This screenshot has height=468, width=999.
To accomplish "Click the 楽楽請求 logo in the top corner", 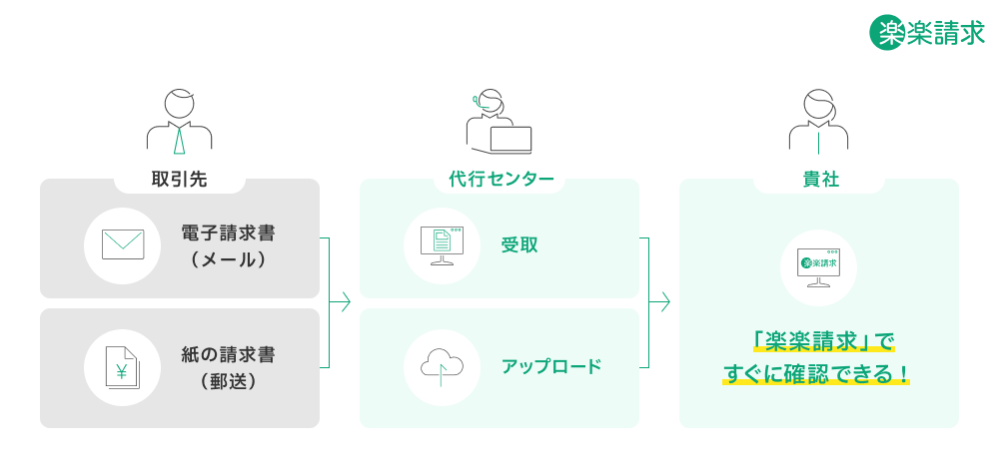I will [927, 32].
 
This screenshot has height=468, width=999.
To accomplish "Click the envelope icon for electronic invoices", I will [123, 244].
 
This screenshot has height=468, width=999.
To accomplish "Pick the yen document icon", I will [123, 368].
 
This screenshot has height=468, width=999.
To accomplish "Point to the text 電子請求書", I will [228, 233].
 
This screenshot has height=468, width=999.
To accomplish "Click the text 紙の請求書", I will [228, 355].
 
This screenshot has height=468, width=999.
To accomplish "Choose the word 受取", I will [519, 244].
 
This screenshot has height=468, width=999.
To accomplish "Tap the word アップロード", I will [551, 366].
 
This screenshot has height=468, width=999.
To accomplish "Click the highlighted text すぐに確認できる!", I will [816, 375].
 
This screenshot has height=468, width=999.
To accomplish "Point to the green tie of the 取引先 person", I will [180, 140].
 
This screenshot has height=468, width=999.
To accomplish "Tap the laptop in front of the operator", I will [509, 139].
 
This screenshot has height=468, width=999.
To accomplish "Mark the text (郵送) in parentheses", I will [228, 381].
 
